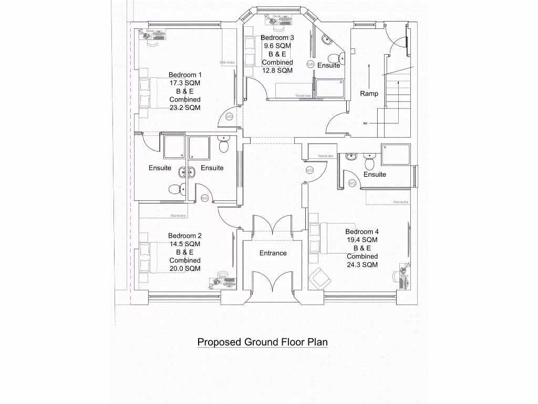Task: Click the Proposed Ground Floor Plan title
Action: (x=262, y=342)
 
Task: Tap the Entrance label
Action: (x=273, y=253)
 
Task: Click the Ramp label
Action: (x=369, y=94)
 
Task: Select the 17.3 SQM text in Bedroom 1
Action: (x=185, y=83)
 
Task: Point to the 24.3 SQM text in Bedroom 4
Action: (x=362, y=265)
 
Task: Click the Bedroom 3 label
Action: (x=277, y=38)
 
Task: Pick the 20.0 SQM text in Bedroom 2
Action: (x=185, y=268)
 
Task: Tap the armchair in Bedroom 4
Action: (x=319, y=277)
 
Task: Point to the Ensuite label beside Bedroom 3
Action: (x=329, y=66)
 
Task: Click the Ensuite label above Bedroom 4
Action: (x=375, y=174)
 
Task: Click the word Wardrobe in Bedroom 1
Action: (x=227, y=62)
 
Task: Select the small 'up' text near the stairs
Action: (x=365, y=123)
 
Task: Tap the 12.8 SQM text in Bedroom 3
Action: (x=277, y=70)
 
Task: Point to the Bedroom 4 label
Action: (x=362, y=231)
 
